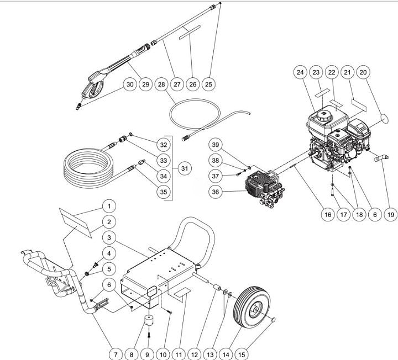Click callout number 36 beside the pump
coord(216,192)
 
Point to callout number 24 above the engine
coord(300,72)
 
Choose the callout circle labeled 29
coord(145,84)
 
